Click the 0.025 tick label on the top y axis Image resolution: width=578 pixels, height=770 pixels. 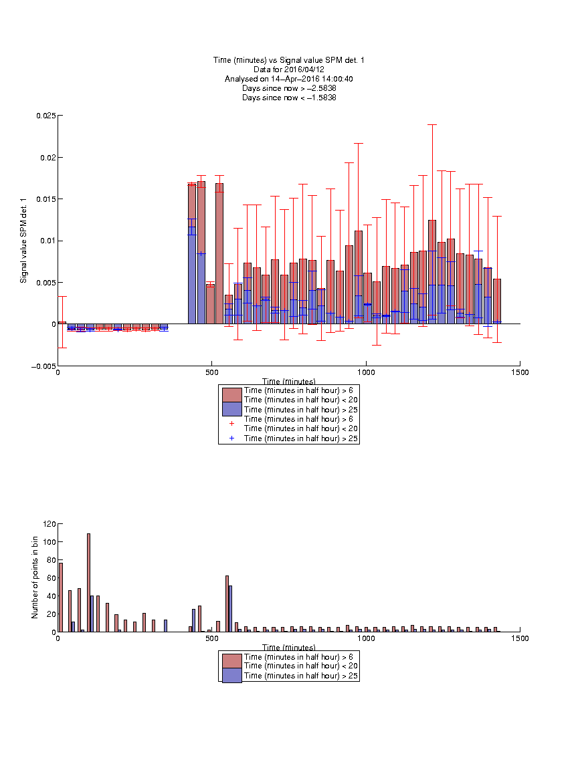click(45, 116)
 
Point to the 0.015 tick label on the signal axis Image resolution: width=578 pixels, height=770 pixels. click(45, 199)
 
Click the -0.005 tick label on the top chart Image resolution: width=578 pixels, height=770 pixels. click(43, 366)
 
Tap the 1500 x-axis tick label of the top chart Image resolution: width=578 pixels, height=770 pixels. click(520, 372)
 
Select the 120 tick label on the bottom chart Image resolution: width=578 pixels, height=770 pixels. click(50, 524)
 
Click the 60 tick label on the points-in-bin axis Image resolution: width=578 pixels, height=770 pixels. click(52, 578)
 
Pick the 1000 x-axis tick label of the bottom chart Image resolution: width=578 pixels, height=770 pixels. click(366, 638)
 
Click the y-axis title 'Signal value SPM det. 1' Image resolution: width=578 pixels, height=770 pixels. click(23, 241)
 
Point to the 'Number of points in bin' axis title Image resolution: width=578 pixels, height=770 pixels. click(35, 577)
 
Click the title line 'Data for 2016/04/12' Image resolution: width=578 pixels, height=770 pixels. click(289, 70)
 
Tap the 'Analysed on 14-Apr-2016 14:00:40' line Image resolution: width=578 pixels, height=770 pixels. click(289, 79)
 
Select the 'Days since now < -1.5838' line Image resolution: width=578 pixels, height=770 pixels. click(289, 97)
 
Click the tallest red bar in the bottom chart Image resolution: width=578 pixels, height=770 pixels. click(88, 583)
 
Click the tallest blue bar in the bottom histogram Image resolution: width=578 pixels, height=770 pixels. click(231, 609)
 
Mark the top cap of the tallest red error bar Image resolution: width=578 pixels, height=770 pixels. click(432, 125)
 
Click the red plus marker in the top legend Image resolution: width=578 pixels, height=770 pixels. click(232, 423)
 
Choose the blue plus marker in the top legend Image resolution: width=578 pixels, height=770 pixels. click(232, 438)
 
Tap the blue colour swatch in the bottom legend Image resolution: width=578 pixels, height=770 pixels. click(232, 675)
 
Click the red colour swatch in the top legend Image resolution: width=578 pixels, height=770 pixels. click(232, 395)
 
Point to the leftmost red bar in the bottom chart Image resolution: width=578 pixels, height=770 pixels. click(60, 598)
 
